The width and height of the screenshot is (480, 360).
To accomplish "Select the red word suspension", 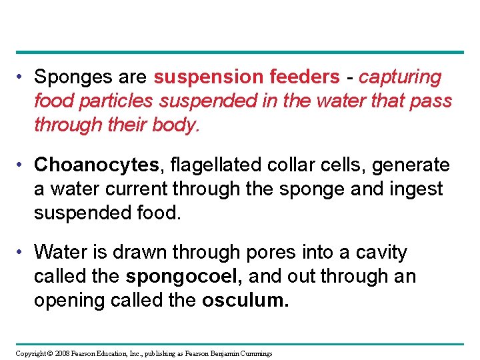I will (209, 77).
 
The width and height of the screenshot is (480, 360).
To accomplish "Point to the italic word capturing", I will (400, 77).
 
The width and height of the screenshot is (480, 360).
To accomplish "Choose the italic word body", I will (175, 125).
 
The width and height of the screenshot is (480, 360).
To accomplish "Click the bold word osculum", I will (245, 300).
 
